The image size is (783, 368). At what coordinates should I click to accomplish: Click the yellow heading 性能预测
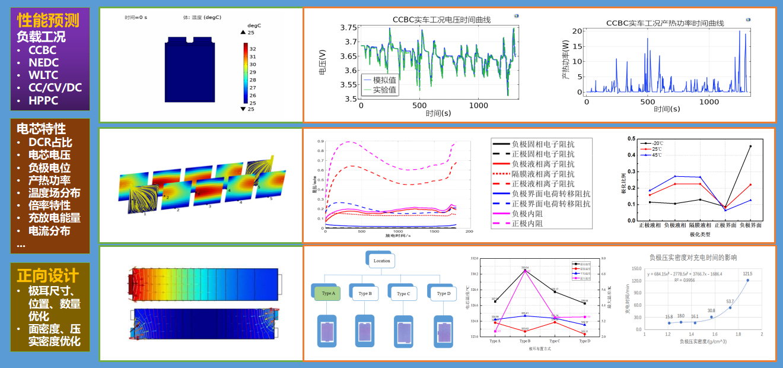point(48,21)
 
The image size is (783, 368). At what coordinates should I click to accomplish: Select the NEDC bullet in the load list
point(43,62)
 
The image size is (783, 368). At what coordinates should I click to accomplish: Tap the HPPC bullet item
point(43,100)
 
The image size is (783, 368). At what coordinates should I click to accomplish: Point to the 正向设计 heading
point(47,275)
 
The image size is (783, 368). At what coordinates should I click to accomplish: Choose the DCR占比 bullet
point(50,142)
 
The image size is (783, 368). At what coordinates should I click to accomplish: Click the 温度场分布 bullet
point(54,193)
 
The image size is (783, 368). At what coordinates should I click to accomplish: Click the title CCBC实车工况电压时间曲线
point(441,20)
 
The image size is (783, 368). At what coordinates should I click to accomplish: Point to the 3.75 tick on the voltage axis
point(349,28)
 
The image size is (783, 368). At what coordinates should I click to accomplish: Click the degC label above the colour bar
point(254,26)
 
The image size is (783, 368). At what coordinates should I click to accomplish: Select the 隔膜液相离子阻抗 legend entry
point(543,174)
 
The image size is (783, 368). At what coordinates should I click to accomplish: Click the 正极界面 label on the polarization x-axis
point(725,225)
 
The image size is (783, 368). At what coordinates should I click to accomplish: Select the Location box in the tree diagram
point(381,260)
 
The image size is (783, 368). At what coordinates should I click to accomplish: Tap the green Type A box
point(329,293)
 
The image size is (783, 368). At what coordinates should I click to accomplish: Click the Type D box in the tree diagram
point(443,293)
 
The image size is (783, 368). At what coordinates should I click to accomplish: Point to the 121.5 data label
point(747,274)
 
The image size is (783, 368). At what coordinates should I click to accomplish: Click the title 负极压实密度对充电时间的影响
point(693,258)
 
